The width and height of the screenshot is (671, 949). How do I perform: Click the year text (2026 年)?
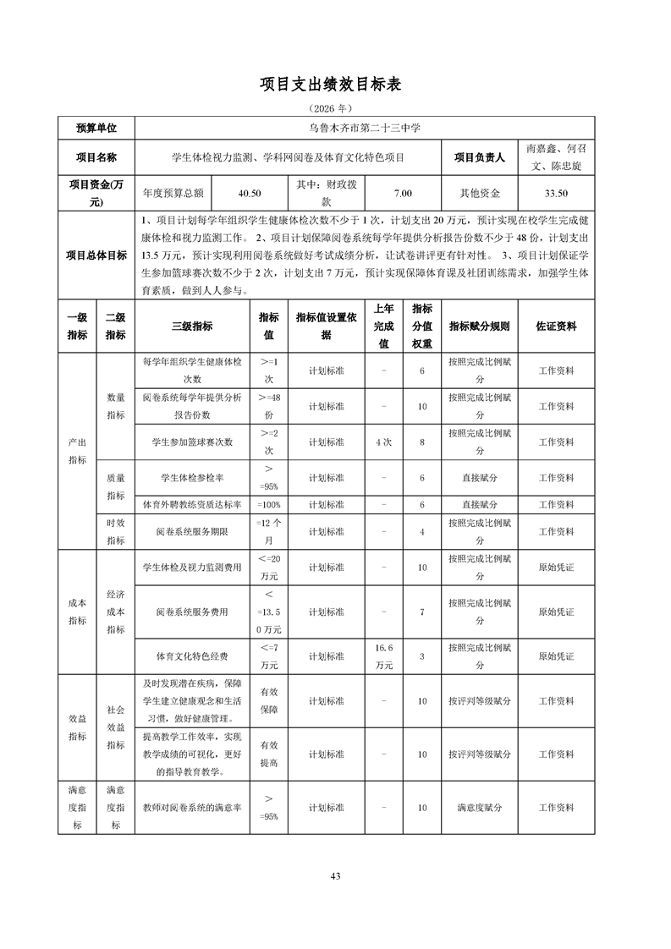[335, 109]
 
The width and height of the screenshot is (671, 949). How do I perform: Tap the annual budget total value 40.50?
[250, 193]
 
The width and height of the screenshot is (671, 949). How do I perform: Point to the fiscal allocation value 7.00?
[403, 193]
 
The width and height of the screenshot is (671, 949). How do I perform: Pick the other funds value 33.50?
[555, 193]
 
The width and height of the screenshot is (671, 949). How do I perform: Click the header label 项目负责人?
[479, 156]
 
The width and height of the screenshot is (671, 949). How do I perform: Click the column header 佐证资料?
[557, 326]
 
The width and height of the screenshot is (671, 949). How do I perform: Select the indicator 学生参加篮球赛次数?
[192, 442]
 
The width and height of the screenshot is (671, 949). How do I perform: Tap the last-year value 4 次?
[383, 442]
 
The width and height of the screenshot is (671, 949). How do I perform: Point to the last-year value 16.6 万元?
[383, 656]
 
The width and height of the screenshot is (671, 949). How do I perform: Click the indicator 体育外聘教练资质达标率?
[192, 505]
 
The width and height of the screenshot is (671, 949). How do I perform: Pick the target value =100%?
[268, 505]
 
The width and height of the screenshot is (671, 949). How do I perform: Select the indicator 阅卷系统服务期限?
[192, 532]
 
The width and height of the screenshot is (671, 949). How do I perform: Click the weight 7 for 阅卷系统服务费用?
[421, 612]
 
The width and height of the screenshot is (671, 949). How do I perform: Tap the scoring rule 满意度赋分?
[479, 808]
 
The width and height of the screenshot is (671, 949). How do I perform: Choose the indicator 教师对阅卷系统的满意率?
[192, 808]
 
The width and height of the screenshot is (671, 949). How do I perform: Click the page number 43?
[335, 875]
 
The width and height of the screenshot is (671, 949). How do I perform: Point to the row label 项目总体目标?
[96, 255]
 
